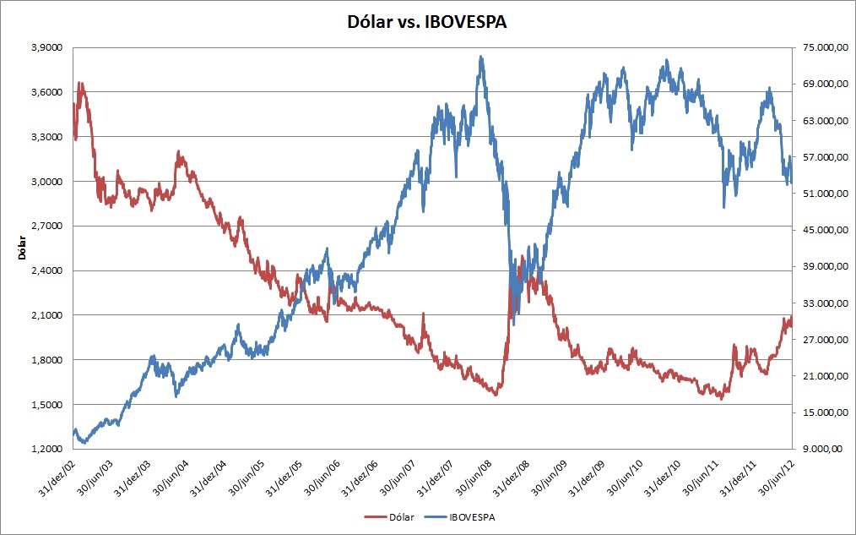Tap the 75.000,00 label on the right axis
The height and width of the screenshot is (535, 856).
pos(821,47)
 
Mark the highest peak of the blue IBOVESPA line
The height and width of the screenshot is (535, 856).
pos(481,57)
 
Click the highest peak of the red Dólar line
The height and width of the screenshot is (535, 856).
pos(80,83)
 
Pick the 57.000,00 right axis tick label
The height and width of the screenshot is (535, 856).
pos(821,157)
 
